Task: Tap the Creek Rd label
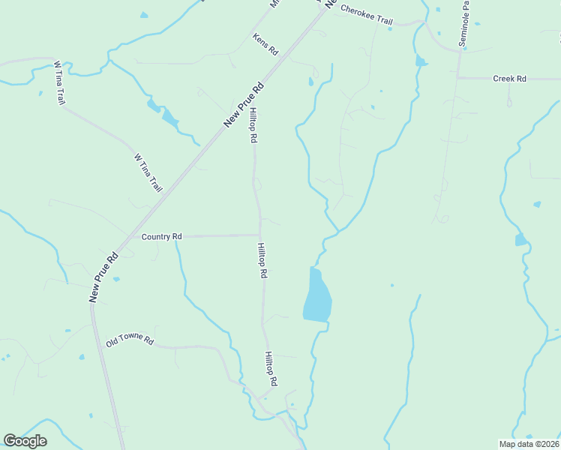pyautogui.click(x=509, y=78)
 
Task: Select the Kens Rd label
pyautogui.click(x=265, y=44)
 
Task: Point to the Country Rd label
pyautogui.click(x=162, y=237)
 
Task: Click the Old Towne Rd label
pyautogui.click(x=130, y=341)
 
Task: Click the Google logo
pyautogui.click(x=25, y=441)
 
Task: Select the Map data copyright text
pyautogui.click(x=529, y=443)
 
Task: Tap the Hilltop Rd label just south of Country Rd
pyautogui.click(x=262, y=261)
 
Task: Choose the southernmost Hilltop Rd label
pyautogui.click(x=271, y=369)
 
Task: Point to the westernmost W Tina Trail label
pyautogui.click(x=58, y=82)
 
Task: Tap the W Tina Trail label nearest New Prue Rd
pyautogui.click(x=148, y=172)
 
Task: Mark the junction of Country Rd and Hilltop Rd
pyautogui.click(x=260, y=235)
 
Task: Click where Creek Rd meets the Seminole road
pyautogui.click(x=458, y=78)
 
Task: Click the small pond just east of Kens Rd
pyautogui.click(x=310, y=82)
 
